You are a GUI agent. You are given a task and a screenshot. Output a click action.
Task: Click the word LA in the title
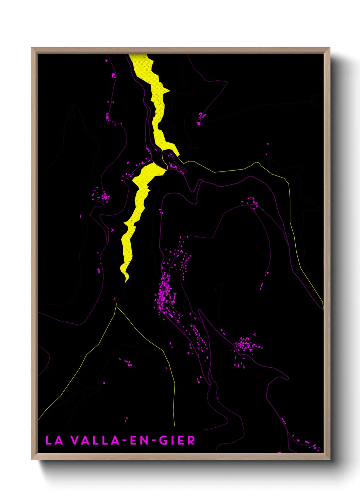pos(54,440)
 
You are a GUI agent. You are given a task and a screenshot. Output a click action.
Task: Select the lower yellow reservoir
pos(136,211)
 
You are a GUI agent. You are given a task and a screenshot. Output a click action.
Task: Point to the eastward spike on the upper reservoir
pos(169,91)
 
